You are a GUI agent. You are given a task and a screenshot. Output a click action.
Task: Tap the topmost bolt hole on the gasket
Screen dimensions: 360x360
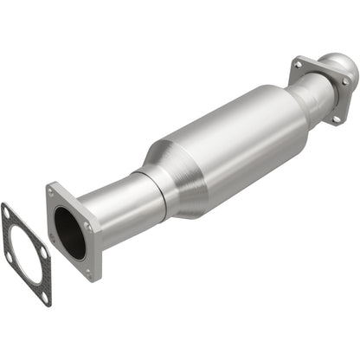point(8,210)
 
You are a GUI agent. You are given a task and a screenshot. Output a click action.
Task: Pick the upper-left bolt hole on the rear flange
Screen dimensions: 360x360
point(299,64)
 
